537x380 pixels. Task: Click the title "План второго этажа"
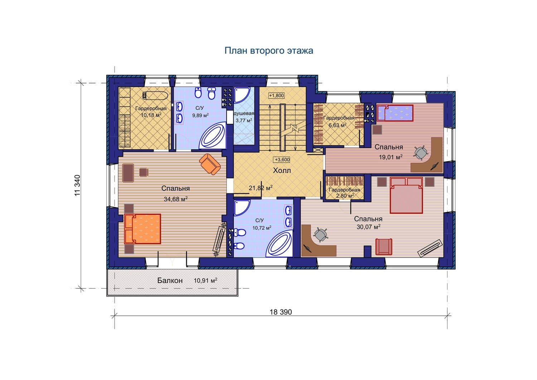click(269, 50)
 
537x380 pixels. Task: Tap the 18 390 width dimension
click(281, 312)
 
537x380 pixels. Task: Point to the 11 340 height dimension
click(77, 186)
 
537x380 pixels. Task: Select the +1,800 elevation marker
click(276, 96)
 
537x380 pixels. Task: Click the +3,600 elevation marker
click(282, 159)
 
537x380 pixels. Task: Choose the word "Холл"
click(282, 170)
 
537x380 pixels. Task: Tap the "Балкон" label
click(170, 280)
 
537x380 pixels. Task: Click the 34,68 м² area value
click(175, 199)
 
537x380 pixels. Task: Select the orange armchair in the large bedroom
click(210, 164)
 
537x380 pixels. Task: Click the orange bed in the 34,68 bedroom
click(142, 229)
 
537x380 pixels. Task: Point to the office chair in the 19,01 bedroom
click(421, 152)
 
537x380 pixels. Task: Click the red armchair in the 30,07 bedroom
click(384, 246)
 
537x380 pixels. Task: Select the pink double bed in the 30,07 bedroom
click(406, 195)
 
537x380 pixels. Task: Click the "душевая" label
click(244, 114)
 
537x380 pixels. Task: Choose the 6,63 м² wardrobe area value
click(337, 125)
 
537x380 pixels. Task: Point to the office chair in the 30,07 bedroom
click(320, 234)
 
